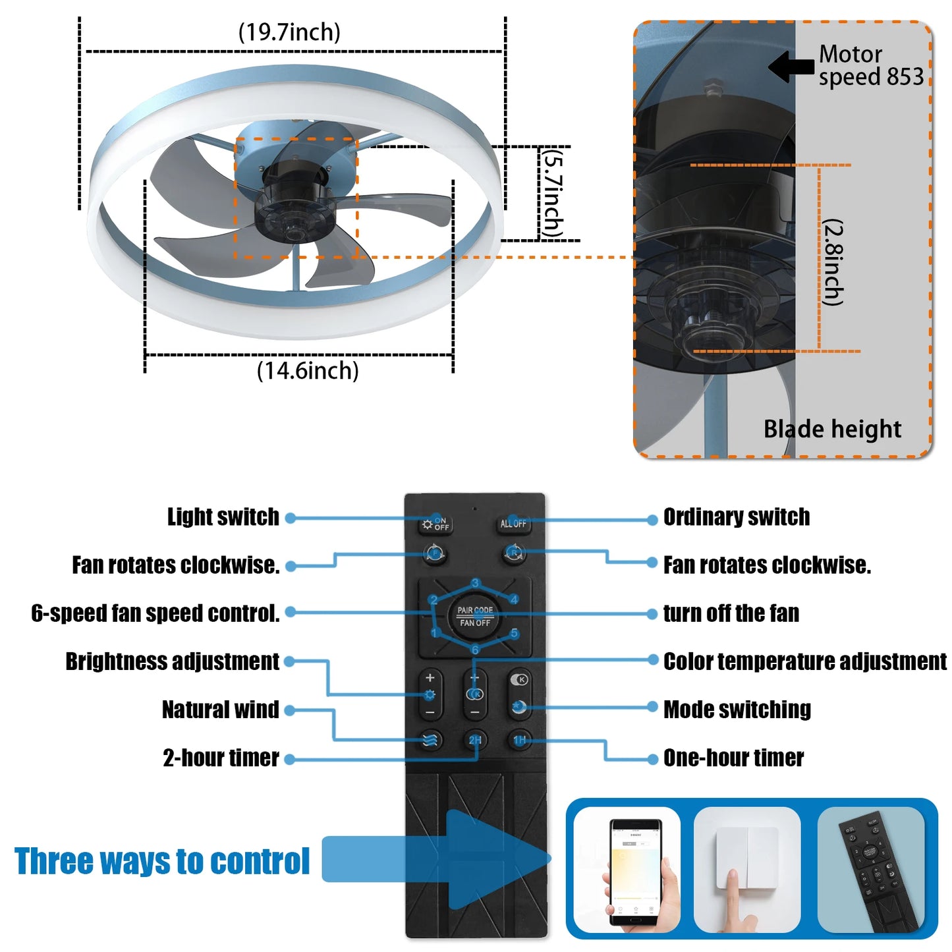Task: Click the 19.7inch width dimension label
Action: [289, 32]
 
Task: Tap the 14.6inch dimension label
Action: [308, 371]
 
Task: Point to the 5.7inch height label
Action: [551, 194]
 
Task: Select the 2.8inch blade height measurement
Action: [833, 262]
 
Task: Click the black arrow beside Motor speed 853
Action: [791, 67]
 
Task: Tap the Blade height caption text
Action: [832, 429]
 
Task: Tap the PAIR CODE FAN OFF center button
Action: [475, 617]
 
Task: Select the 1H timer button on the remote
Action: [520, 740]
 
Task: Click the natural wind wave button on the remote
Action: [430, 740]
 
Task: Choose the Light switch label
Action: [223, 517]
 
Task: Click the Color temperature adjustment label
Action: [804, 661]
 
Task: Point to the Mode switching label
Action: [737, 710]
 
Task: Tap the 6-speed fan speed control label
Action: [155, 613]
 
